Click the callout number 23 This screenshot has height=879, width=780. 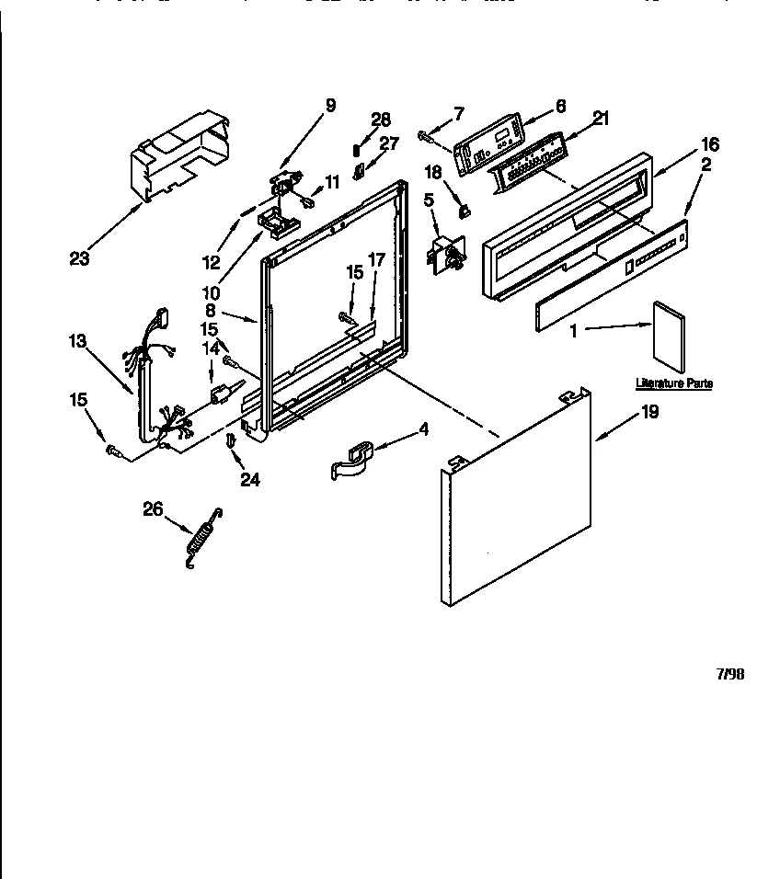click(79, 258)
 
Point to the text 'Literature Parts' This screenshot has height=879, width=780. click(674, 382)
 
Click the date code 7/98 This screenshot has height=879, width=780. click(729, 674)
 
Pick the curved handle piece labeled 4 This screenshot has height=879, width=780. click(354, 460)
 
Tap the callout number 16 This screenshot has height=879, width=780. click(709, 144)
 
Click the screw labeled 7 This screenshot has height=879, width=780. click(426, 137)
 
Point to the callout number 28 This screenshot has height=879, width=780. click(381, 119)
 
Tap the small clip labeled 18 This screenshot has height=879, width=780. click(464, 211)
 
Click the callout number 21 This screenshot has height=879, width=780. click(600, 117)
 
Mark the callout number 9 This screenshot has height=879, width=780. click(330, 105)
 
